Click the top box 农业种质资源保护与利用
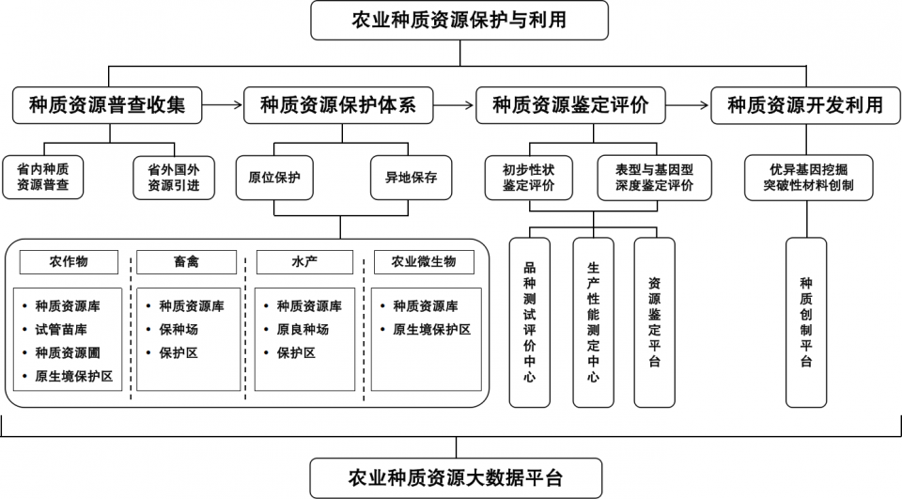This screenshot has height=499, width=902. [x=459, y=20]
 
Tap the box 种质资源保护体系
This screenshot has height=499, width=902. [x=337, y=104]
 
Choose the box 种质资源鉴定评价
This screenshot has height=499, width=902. [x=570, y=104]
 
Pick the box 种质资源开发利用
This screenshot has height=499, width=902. [x=805, y=104]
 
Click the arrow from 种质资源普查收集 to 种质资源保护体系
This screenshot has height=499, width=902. [x=222, y=104]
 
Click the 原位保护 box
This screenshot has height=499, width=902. [x=274, y=178]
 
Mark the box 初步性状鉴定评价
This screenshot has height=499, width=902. [x=529, y=178]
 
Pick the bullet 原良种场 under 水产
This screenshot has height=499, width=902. [x=303, y=329]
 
